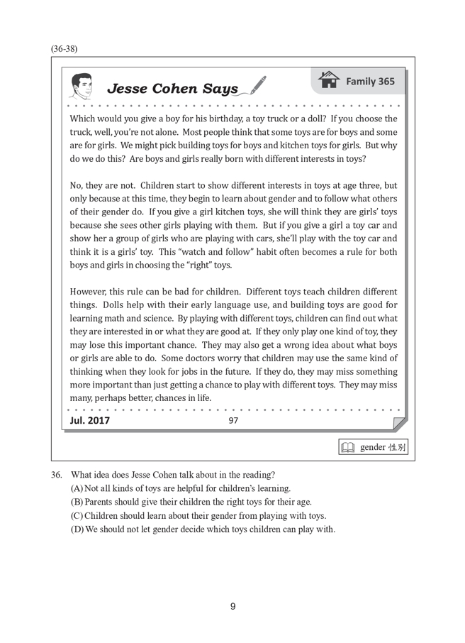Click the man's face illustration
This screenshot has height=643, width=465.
[x=83, y=85]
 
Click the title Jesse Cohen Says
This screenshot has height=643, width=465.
[x=172, y=89]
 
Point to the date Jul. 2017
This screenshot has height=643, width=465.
[x=90, y=421]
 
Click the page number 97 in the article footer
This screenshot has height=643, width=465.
[x=234, y=421]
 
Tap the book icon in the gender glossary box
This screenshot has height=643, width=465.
[x=348, y=448]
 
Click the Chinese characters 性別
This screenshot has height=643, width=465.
[x=395, y=448]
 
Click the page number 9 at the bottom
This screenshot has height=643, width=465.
[x=232, y=605]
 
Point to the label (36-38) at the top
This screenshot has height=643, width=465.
[x=64, y=49]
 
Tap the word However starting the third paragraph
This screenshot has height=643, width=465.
[x=90, y=292]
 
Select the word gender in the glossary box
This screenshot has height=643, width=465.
[x=372, y=448]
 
